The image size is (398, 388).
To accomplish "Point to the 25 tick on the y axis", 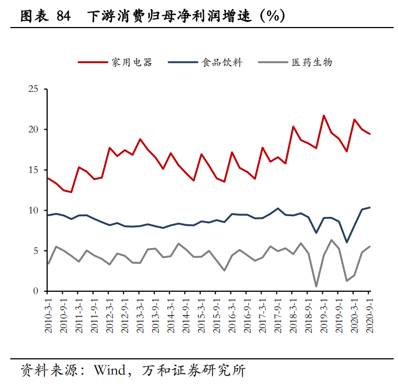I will coord(34,89).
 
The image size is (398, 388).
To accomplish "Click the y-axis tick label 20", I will coord(34,130).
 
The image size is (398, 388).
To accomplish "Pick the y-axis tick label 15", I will coord(34,170).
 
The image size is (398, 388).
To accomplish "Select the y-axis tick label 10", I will coord(34,210).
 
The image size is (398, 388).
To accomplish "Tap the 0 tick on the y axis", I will coord(36,291).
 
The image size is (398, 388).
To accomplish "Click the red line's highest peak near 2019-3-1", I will coord(324,116).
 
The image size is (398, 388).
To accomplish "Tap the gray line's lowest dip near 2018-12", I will coord(316,286).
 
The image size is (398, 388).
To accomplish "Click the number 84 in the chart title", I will coord(63,17).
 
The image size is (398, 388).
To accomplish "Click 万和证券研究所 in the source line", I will coord(193,371).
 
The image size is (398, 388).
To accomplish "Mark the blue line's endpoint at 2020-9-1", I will coord(370,208).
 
